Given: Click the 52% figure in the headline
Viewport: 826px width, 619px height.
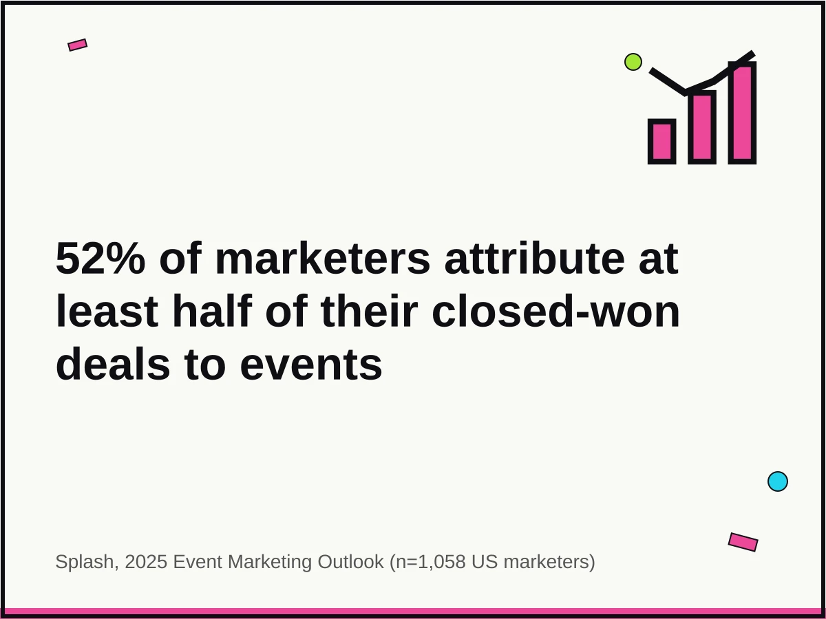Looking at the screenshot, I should (100, 259).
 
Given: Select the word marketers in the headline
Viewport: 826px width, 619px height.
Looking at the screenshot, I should (322, 259).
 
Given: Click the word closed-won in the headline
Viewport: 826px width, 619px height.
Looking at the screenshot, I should (555, 312).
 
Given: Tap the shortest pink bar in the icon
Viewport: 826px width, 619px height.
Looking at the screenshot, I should (661, 142).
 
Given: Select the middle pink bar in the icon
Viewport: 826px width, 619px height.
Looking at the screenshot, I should (701, 127).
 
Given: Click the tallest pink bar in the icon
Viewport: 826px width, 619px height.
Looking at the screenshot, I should (742, 113).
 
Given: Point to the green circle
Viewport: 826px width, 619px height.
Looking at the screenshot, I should (633, 62).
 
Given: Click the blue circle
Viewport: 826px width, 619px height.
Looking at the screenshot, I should (778, 481).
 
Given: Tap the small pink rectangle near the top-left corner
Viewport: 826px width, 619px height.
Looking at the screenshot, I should (78, 45).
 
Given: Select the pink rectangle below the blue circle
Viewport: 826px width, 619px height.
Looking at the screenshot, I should (743, 542).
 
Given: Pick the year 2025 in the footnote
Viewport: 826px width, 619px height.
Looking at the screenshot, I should (146, 562).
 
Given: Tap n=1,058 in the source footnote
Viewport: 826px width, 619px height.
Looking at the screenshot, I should (428, 562).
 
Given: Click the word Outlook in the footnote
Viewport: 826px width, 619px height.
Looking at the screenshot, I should (350, 562).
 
